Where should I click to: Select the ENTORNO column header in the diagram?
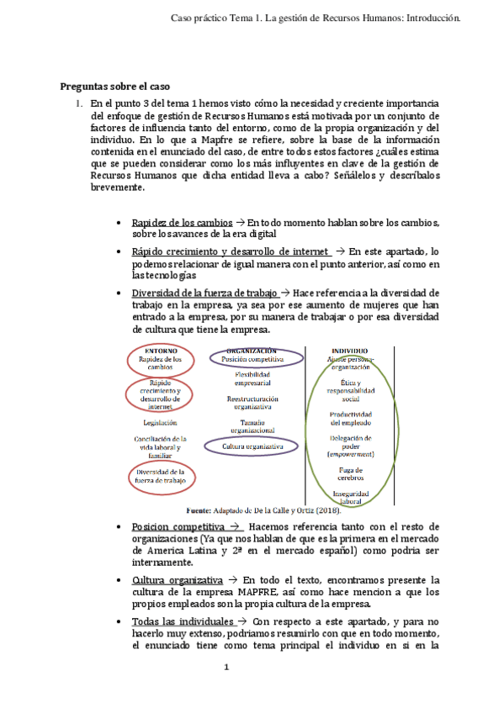pos(161,350)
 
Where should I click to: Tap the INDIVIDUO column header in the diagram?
pos(348,350)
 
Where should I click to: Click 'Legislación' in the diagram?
pos(160,422)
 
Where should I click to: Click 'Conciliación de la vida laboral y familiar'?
pos(160,447)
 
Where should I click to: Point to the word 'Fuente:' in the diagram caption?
pos(199,510)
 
